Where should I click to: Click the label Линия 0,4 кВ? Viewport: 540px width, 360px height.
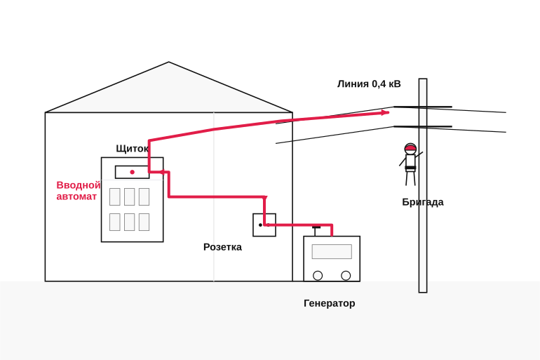point(369,84)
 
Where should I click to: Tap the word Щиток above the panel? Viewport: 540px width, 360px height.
point(133,149)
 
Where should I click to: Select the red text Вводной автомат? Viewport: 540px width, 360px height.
point(79,190)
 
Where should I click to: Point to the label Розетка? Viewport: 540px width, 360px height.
point(222,247)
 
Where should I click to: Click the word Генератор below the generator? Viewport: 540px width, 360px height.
point(329,303)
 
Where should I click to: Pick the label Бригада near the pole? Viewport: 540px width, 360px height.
point(423,202)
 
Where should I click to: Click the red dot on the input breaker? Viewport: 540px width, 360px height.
point(133,172)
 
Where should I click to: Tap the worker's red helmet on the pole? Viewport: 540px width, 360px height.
point(410,149)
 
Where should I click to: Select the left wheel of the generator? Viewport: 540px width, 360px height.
point(318,276)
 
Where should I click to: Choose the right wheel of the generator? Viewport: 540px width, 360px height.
point(346,276)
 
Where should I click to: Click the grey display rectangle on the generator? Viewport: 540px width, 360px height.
point(332,251)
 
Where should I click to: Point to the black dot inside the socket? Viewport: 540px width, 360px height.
point(260,225)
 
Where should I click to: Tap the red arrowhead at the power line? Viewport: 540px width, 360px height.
point(386,112)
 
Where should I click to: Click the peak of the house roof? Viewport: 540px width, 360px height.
point(169,62)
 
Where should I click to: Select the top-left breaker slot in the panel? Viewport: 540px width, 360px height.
point(115,196)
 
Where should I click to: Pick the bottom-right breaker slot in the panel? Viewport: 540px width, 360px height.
point(144,222)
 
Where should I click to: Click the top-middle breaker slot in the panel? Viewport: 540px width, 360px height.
point(130,196)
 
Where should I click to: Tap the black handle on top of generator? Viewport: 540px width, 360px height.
point(316,227)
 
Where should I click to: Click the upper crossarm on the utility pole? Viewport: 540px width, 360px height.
point(423,107)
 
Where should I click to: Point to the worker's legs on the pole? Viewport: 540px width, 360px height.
point(410,178)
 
